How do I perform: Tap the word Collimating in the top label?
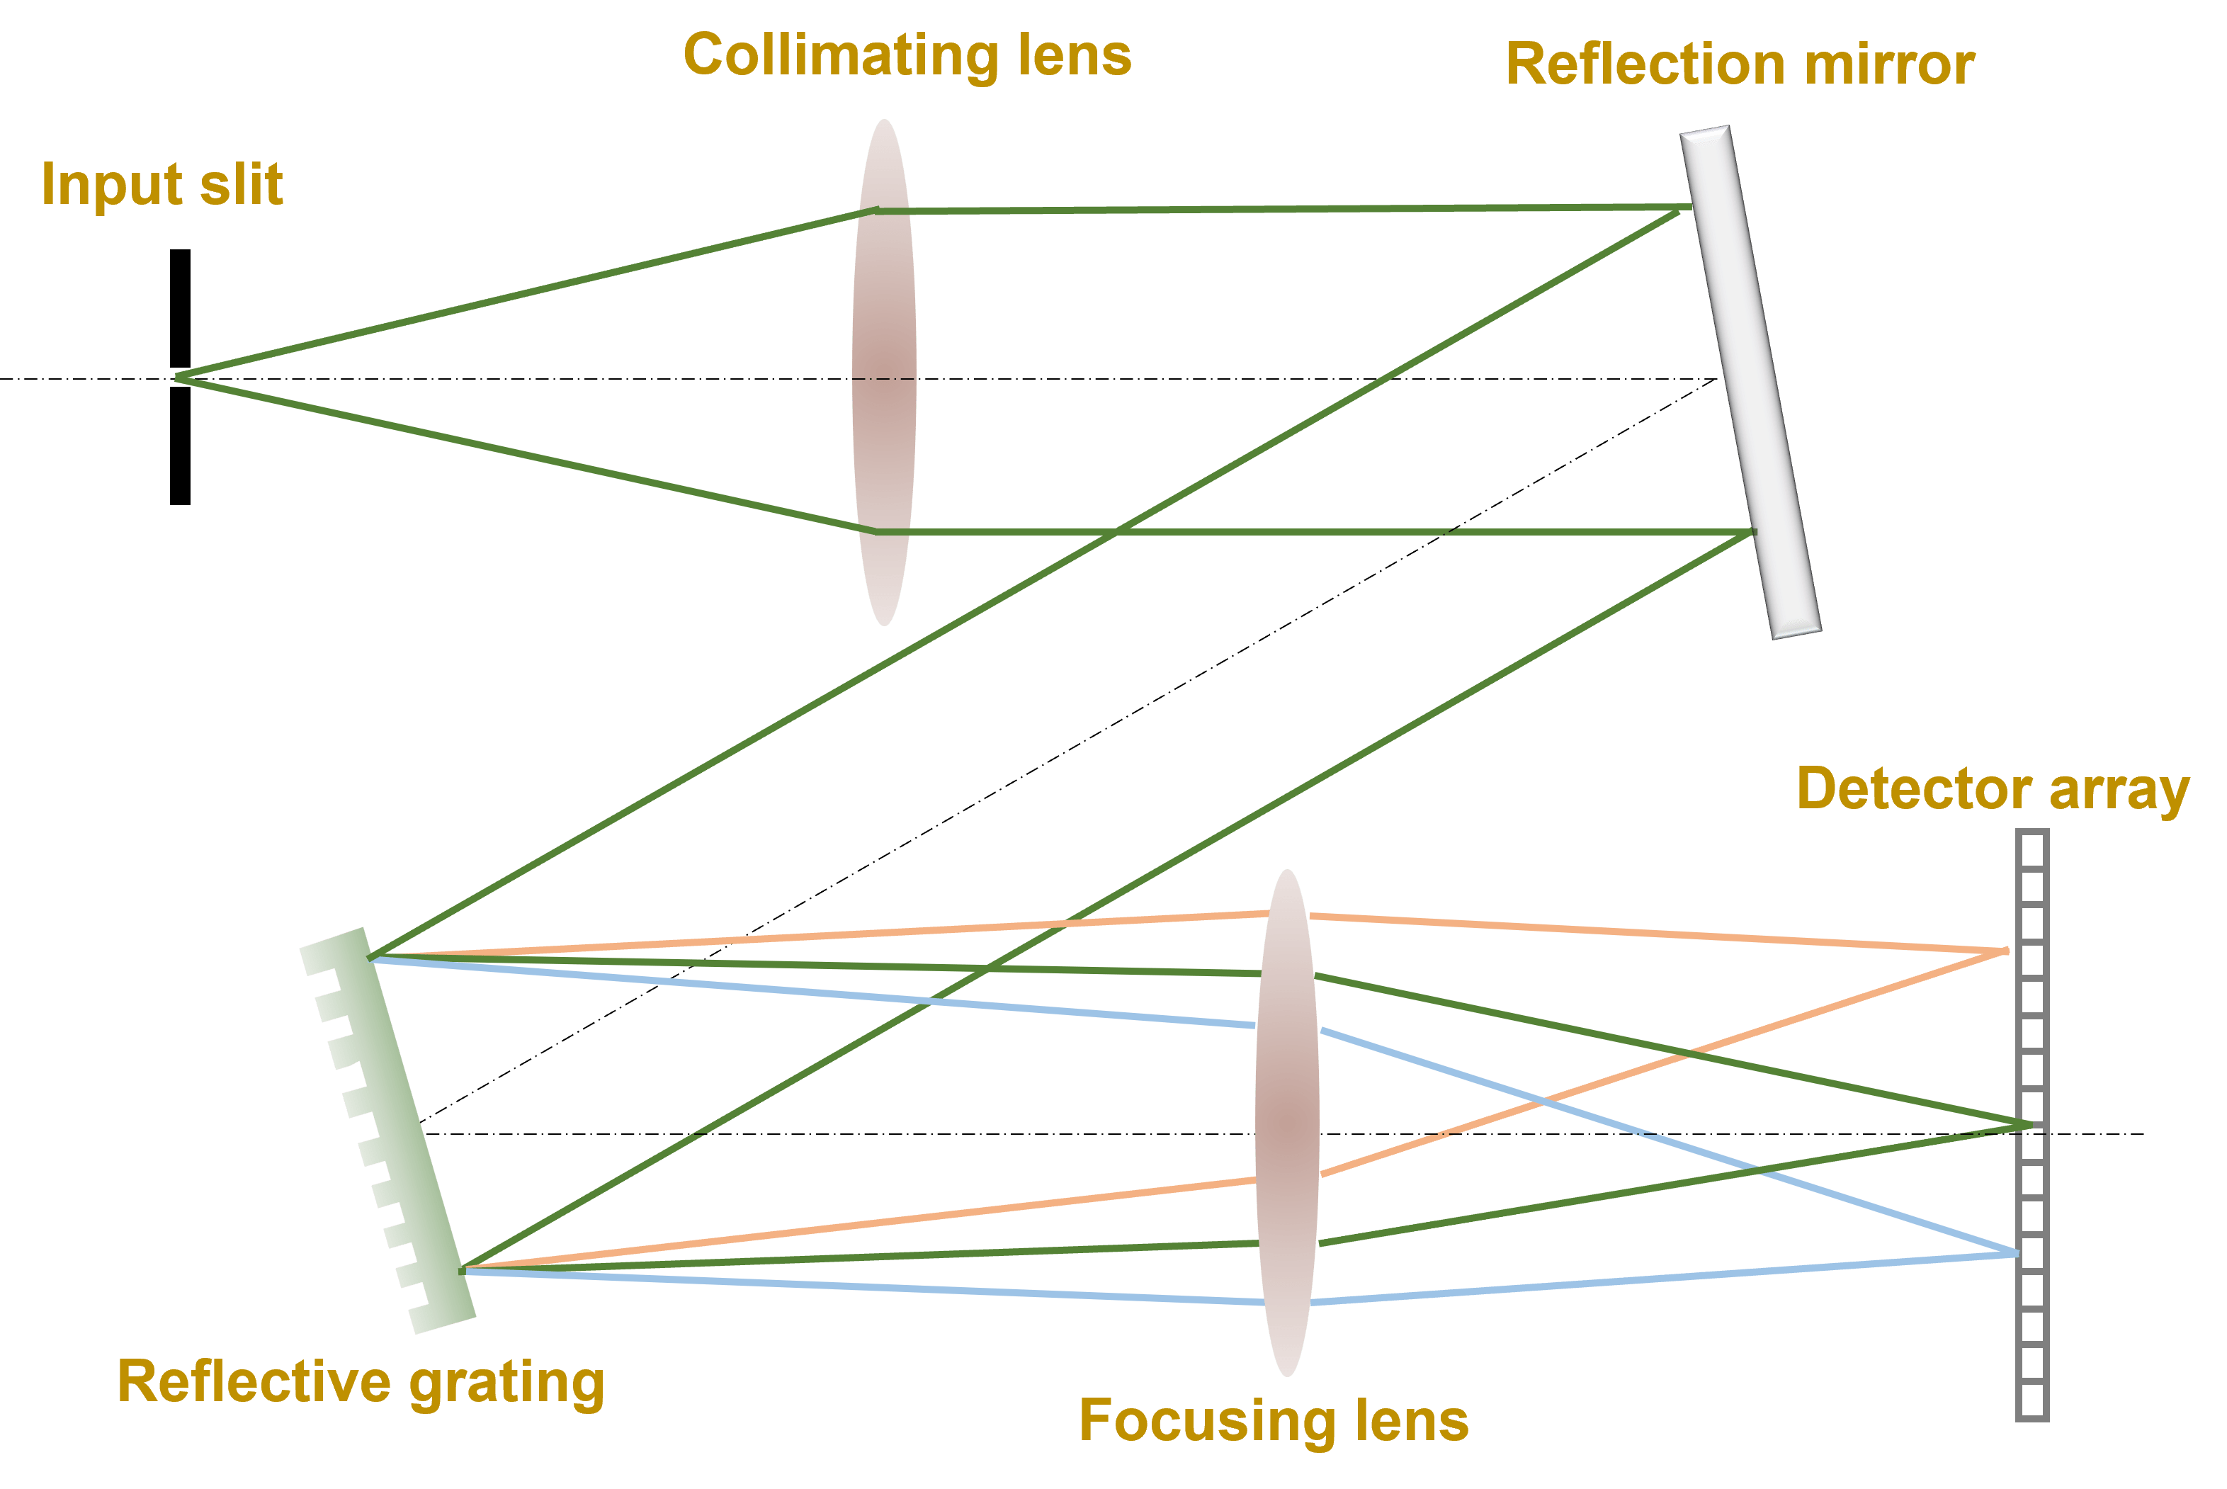tap(839, 55)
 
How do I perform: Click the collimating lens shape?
tap(884, 373)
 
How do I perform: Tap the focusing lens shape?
tap(1286, 1123)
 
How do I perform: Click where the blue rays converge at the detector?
tap(2016, 1254)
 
